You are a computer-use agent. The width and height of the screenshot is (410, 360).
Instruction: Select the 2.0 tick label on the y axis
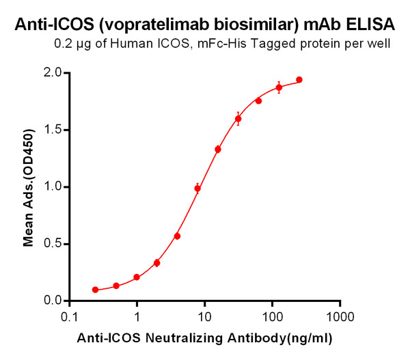point(52,73)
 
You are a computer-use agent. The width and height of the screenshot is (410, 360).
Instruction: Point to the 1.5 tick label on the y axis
point(52,130)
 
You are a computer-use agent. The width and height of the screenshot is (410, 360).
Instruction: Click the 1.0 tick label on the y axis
point(52,186)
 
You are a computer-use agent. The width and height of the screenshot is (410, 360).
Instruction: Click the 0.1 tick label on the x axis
point(69,318)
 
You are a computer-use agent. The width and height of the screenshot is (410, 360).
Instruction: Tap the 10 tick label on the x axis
point(204,318)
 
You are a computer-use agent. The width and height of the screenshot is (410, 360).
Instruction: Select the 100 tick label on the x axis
point(272,318)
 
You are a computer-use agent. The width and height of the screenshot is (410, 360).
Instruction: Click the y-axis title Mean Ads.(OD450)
point(29,186)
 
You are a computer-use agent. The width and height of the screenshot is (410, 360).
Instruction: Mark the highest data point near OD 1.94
point(299,80)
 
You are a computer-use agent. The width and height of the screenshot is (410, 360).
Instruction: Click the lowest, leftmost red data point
point(96,290)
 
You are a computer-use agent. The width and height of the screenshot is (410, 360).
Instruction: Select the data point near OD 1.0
point(197,189)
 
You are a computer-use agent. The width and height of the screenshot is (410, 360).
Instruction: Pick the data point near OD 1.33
point(218,149)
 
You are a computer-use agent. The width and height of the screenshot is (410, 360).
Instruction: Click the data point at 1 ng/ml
point(137,277)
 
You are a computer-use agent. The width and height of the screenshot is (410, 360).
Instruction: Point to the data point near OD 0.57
point(177,236)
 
